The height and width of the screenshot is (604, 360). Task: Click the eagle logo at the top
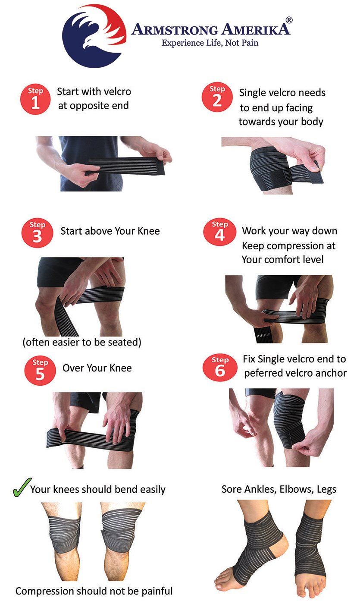pos(94,35)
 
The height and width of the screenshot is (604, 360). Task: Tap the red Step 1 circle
pos(35,99)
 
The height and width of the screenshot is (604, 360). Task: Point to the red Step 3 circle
pos(37,233)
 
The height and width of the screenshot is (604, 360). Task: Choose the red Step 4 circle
pos(219,232)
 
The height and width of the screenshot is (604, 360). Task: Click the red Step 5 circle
pos(40,370)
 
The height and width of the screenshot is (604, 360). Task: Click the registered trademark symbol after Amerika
pos(289,20)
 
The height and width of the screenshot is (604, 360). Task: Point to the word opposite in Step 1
pos(88,106)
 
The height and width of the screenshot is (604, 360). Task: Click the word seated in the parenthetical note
pos(125,343)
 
